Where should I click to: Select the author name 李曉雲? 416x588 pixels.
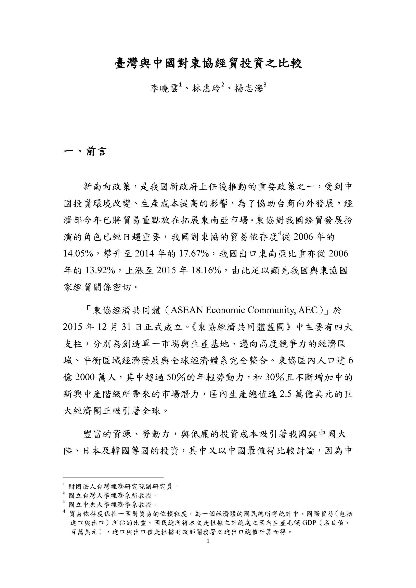tap(164, 89)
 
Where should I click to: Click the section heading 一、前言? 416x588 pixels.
tap(85, 152)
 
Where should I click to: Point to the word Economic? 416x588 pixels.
tap(225, 310)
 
